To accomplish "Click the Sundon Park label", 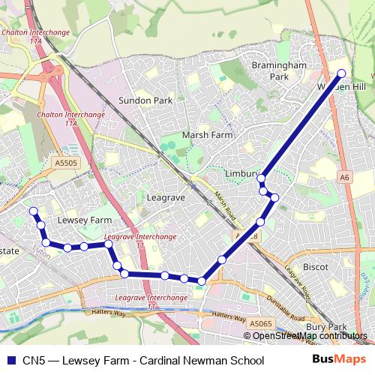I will click(x=145, y=100).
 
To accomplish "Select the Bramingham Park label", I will click(x=279, y=71).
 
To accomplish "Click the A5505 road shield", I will click(x=65, y=161).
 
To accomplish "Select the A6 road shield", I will click(x=343, y=178).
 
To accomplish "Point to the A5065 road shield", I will click(x=261, y=323).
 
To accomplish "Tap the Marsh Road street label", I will click(x=226, y=200).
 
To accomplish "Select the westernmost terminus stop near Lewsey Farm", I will click(x=33, y=211).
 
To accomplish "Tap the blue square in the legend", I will click(x=10, y=360).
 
